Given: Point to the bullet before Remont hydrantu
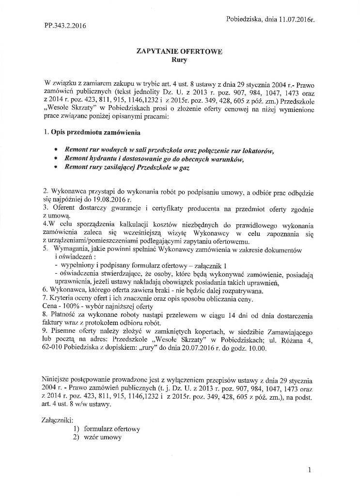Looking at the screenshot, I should coord(57,159).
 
